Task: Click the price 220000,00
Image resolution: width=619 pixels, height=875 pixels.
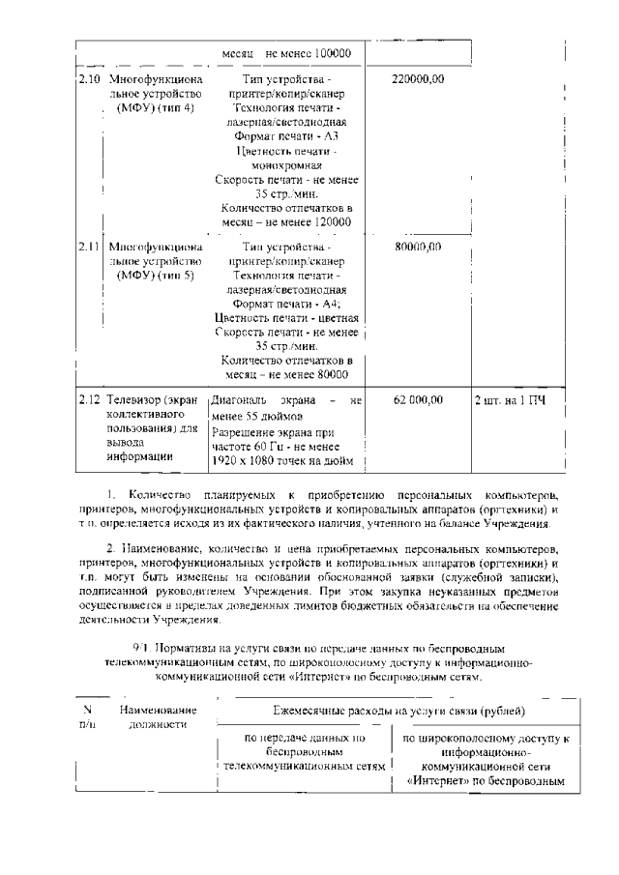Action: pos(418,78)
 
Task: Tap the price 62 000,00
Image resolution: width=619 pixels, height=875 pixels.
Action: pos(418,399)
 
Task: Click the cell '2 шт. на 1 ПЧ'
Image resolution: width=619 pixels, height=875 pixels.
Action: pos(510,399)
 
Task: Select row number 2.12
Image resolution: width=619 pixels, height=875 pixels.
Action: pos(88,399)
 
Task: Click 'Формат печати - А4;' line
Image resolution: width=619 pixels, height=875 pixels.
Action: pos(287,304)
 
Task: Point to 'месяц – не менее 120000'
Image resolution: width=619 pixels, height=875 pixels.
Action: pos(287,222)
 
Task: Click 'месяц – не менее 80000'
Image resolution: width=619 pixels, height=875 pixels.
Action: pos(287,375)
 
